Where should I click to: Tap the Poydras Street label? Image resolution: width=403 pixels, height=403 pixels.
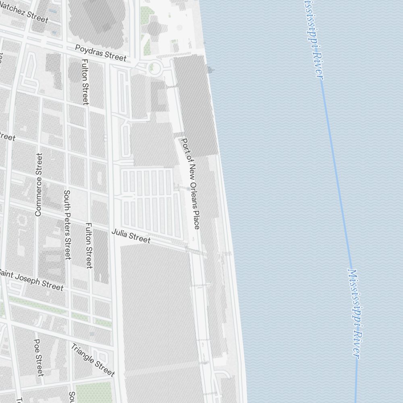tap(101, 53)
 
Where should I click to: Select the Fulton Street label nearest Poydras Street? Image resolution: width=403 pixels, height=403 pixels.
tap(85, 82)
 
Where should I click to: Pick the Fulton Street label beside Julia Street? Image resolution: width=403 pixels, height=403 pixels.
tap(89, 245)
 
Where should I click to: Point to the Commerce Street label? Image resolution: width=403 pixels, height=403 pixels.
tap(39, 185)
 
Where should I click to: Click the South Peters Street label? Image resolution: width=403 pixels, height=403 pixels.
tap(67, 225)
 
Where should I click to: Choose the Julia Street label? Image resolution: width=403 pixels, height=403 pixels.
tap(131, 236)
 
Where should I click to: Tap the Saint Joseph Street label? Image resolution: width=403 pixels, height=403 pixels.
tap(31, 279)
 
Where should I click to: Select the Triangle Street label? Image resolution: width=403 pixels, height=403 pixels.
tap(93, 359)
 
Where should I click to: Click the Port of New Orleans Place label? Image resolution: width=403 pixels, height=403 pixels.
tap(191, 184)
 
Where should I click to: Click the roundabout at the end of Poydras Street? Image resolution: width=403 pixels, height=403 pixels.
tap(153, 68)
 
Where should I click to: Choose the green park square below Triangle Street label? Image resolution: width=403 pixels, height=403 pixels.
tap(93, 392)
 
